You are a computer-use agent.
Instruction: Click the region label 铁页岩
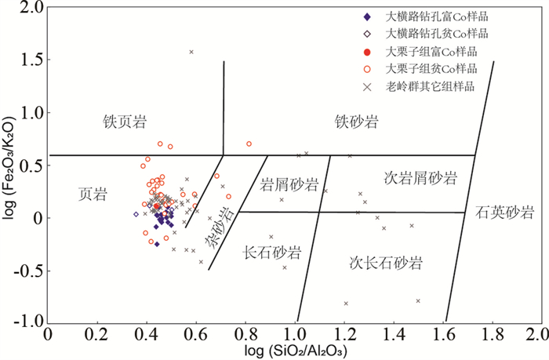125,122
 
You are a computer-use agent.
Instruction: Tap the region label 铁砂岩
357,122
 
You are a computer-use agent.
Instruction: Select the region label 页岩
92,193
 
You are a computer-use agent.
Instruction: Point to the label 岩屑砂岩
288,185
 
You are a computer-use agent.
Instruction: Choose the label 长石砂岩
272,253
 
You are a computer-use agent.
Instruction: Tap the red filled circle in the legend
367,52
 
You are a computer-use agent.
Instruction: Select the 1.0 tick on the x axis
296,334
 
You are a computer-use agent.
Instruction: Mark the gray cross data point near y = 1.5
191,52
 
